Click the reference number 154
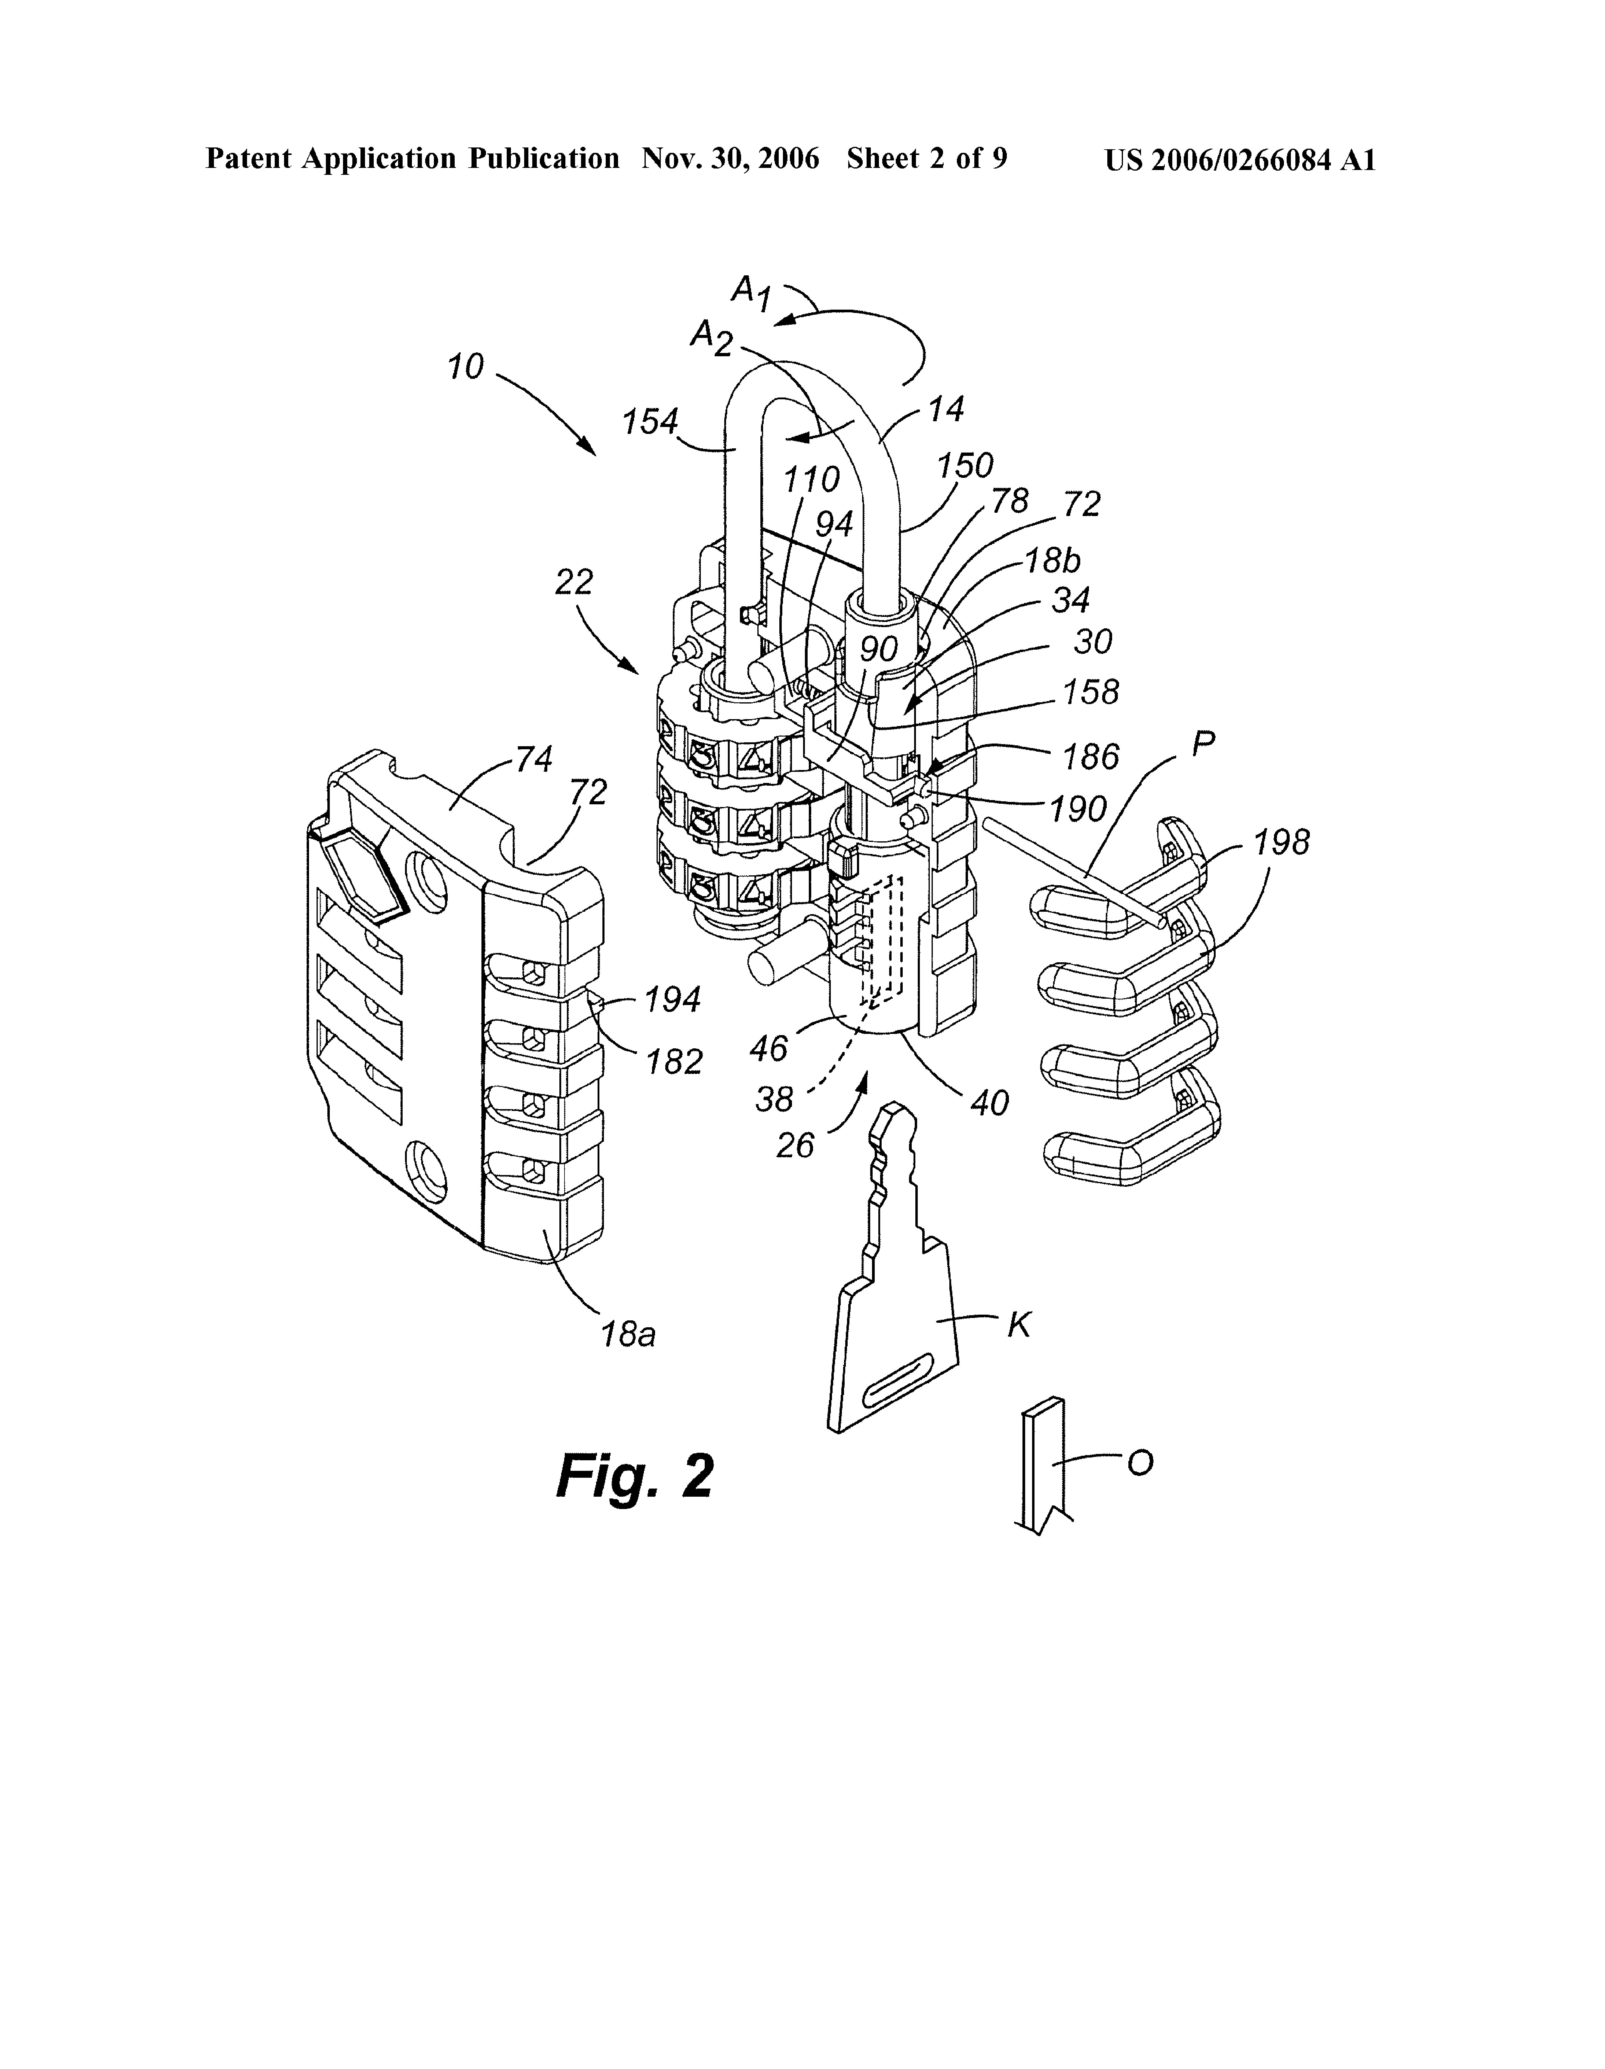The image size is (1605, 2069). [650, 422]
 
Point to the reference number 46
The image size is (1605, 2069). [768, 1047]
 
